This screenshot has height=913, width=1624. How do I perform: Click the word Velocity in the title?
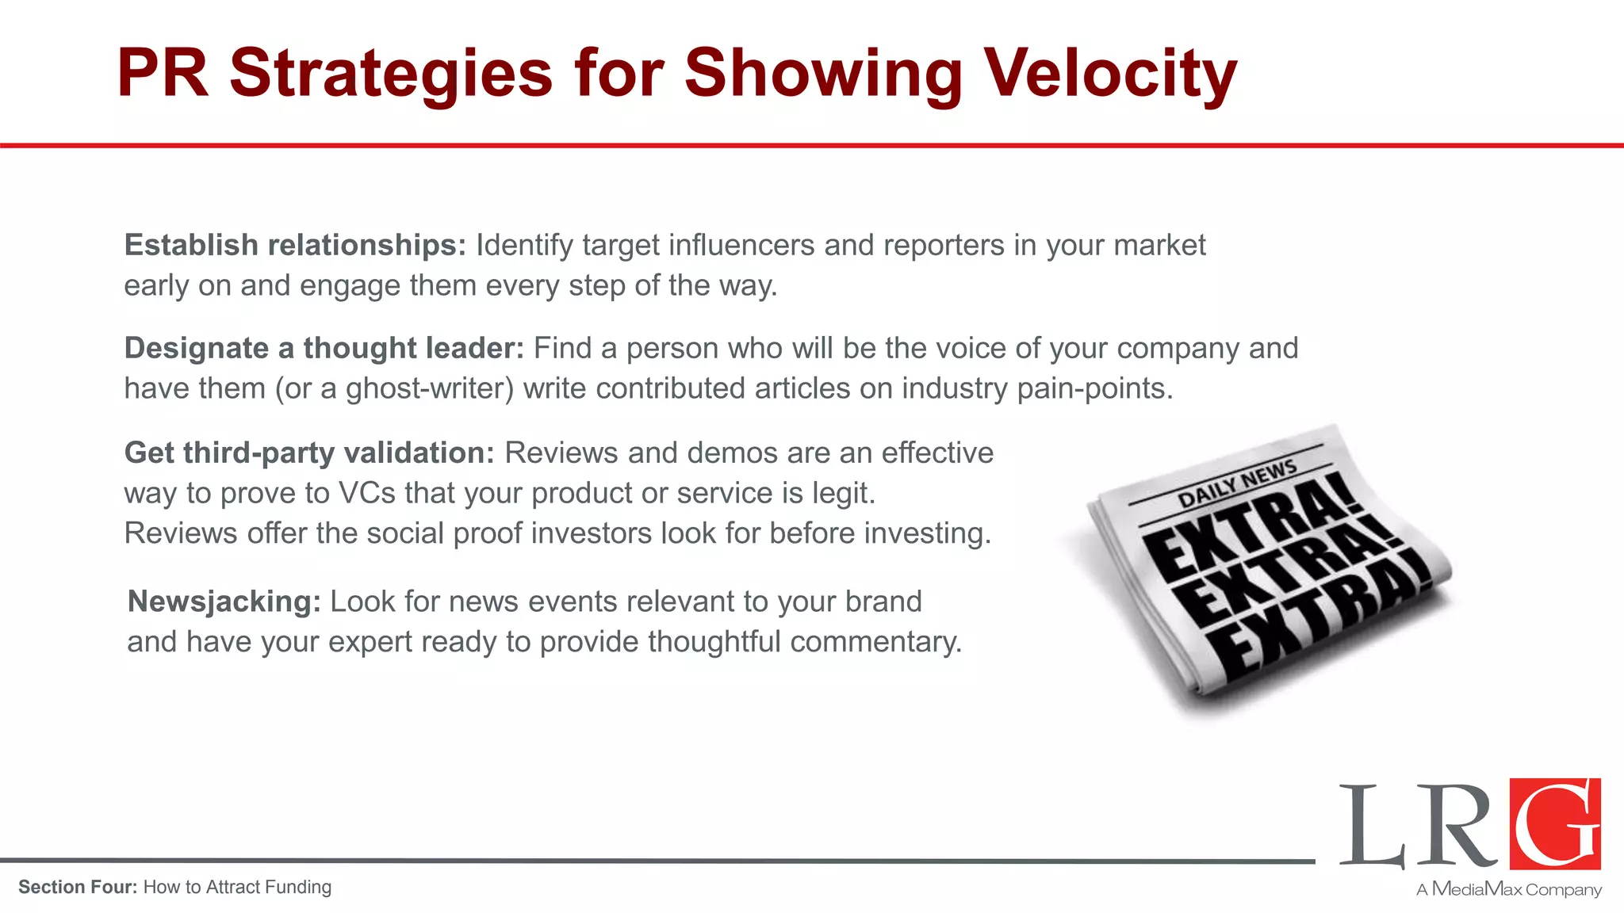click(1110, 74)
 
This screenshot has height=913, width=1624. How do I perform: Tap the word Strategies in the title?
click(390, 74)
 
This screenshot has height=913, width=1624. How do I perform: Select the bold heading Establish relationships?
click(295, 246)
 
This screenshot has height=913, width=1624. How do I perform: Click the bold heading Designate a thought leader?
click(324, 349)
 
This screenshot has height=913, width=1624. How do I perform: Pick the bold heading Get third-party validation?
click(309, 453)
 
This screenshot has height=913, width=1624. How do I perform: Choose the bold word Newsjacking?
click(224, 602)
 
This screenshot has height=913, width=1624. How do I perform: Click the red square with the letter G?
click(1554, 823)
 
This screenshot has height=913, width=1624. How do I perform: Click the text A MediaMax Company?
click(1508, 889)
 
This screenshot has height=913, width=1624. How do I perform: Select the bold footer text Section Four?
click(78, 888)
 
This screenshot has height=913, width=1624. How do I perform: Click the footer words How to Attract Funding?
click(237, 888)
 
